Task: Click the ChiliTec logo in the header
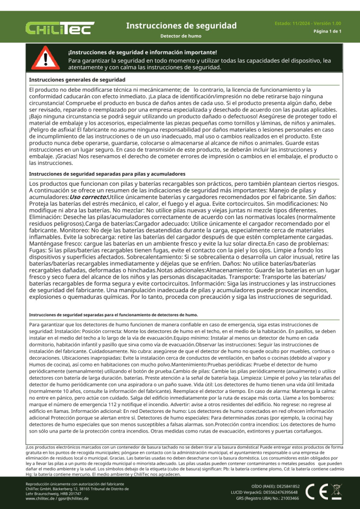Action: point(60,28)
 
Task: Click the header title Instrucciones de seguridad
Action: point(181,25)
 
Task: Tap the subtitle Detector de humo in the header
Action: point(181,37)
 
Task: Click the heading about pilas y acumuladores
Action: point(107,174)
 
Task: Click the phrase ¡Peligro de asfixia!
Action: point(51,130)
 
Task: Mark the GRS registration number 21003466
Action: point(287,499)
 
